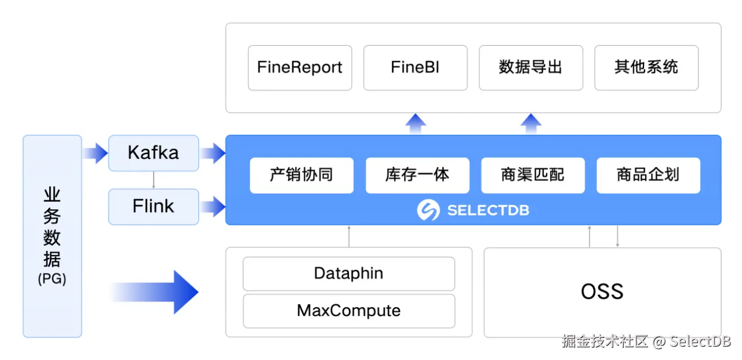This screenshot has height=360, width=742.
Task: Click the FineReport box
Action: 300,68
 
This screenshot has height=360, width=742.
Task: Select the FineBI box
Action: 416,68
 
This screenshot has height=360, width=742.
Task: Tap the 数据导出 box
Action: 530,68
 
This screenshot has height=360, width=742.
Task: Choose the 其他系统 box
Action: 646,68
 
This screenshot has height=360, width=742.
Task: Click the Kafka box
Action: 154,153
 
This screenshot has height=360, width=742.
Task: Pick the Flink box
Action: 154,206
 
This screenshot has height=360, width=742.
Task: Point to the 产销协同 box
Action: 301,175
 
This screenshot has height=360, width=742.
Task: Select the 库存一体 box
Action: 417,175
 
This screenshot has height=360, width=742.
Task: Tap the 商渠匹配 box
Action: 533,175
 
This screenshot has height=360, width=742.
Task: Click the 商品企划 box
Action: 648,175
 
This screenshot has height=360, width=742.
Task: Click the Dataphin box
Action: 349,274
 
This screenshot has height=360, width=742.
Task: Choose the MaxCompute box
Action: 349,311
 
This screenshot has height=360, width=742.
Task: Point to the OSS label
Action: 602,292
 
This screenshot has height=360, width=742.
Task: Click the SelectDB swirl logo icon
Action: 428,210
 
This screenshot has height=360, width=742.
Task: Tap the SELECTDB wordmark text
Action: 488,210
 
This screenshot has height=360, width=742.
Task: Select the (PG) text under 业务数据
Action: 52,279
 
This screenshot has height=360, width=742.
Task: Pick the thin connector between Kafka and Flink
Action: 154,180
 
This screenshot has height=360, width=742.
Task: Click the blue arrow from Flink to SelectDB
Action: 213,206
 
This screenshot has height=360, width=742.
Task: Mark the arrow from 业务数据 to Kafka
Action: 95,153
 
